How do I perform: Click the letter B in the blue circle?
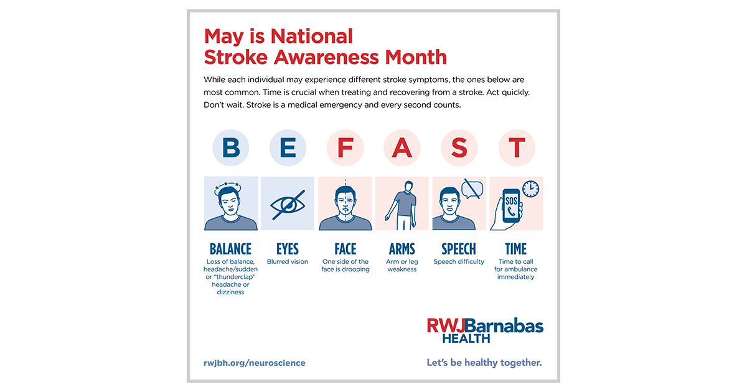[x=231, y=147]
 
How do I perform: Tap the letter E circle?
[x=288, y=147]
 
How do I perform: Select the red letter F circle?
[x=345, y=147]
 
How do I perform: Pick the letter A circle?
[x=402, y=147]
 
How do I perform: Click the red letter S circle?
[x=459, y=147]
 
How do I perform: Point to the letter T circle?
[x=517, y=147]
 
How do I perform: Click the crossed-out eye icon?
[x=288, y=204]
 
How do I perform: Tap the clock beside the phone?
[x=530, y=189]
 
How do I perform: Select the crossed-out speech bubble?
[x=472, y=188]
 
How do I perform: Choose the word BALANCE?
[x=230, y=249]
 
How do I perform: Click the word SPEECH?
[x=459, y=249]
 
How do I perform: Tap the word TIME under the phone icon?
[x=516, y=249]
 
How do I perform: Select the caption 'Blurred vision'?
[x=288, y=262]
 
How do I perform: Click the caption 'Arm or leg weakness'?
[x=402, y=266]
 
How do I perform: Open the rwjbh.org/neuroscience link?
[x=255, y=363]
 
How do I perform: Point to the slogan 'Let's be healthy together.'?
[x=484, y=362]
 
